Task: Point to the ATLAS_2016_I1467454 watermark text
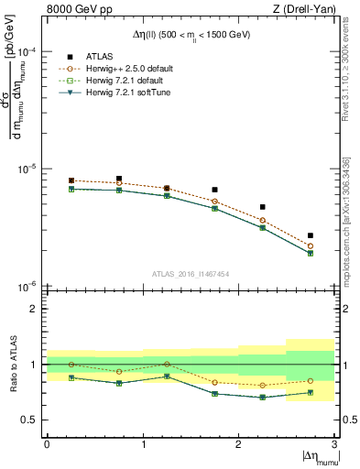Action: click(x=190, y=273)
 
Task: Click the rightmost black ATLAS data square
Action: click(x=311, y=235)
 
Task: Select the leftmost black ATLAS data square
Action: click(x=71, y=180)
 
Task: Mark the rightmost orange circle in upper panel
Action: click(x=311, y=245)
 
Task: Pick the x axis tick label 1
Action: click(x=143, y=444)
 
